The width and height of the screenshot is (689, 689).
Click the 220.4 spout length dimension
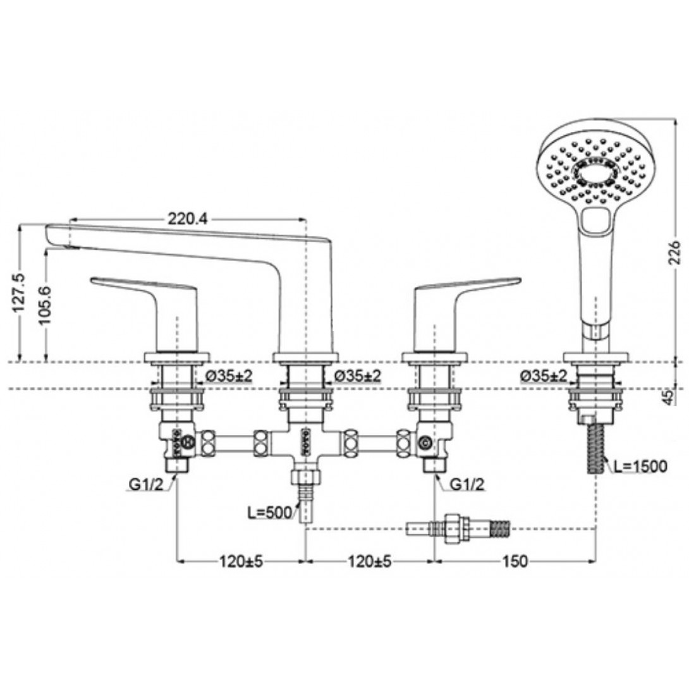point(188,218)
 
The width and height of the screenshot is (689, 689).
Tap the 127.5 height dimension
point(19,293)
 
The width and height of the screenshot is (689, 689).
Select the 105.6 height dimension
point(44,305)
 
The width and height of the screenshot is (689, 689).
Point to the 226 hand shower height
point(673,252)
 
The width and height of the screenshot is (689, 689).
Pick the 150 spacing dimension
point(515,561)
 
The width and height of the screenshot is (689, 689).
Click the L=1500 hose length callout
point(640,466)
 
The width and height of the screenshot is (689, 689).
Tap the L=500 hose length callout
point(269,513)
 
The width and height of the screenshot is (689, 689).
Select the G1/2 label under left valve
point(146,484)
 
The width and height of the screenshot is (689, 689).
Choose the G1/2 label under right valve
point(468,484)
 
